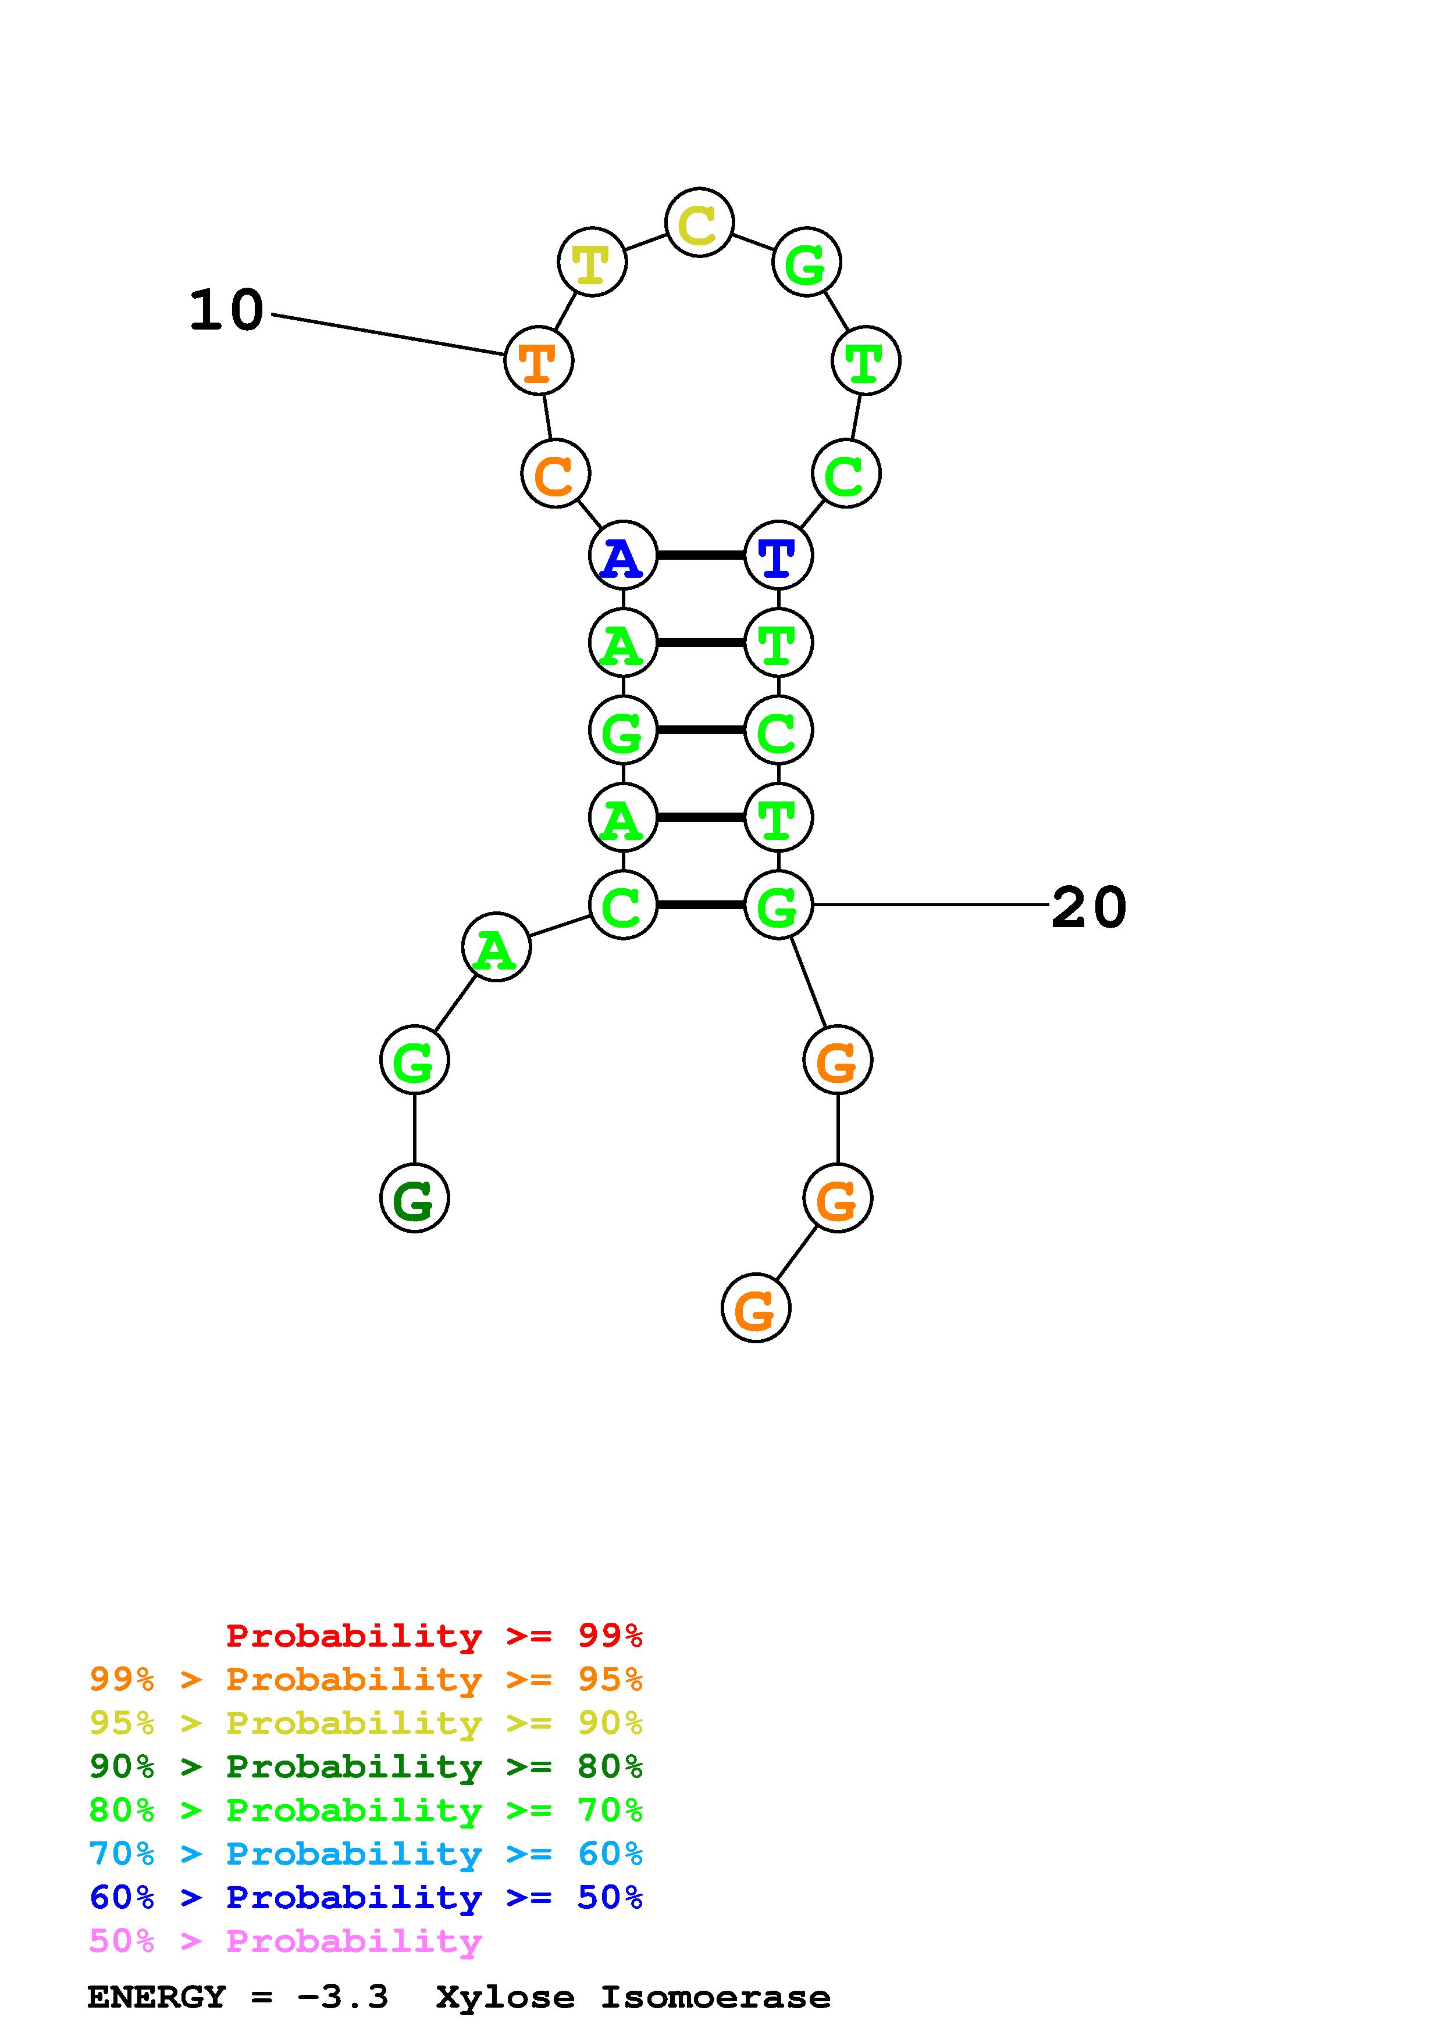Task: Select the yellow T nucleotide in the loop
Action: [592, 262]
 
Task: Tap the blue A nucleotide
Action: [623, 556]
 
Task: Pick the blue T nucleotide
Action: [778, 556]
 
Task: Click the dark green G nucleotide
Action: [414, 1198]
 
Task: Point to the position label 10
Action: [226, 311]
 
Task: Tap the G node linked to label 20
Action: [778, 905]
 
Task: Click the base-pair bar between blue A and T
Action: [700, 556]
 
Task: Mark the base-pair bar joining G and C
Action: [700, 730]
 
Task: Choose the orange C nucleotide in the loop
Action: [556, 474]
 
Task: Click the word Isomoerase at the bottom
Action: [715, 1997]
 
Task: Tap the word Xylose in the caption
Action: [505, 1997]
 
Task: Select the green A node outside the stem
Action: [496, 947]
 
